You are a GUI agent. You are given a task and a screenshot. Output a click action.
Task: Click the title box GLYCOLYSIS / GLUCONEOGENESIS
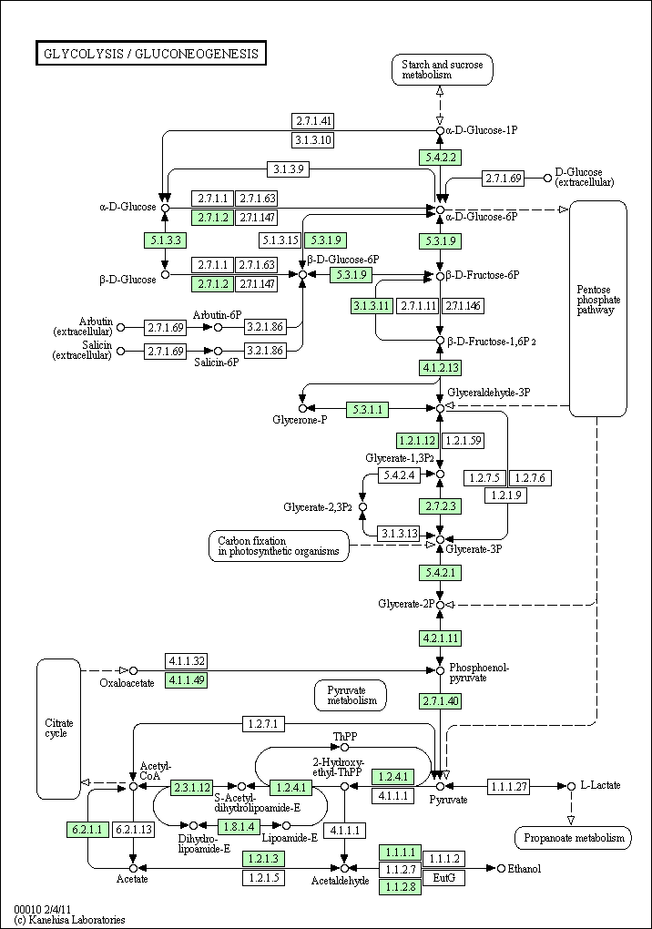click(x=150, y=54)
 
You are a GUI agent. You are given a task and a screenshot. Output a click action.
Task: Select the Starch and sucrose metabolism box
click(x=443, y=70)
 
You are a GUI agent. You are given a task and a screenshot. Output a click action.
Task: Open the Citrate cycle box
click(x=58, y=728)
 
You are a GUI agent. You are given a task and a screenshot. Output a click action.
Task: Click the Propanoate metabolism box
click(x=572, y=838)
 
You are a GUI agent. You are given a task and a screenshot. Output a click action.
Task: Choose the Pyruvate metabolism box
click(x=351, y=695)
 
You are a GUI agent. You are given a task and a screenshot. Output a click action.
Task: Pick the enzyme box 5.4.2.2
click(x=439, y=157)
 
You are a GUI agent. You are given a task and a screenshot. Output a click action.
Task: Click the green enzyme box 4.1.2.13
click(x=440, y=368)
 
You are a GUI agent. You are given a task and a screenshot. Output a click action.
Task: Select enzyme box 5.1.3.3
click(x=164, y=240)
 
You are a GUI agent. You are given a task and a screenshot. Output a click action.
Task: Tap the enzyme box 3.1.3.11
click(x=372, y=305)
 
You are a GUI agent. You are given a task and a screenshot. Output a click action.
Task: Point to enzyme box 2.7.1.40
click(x=440, y=700)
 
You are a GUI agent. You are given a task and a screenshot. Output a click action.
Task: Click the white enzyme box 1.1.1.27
click(x=509, y=785)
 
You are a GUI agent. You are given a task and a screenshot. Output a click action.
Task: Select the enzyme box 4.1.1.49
click(x=186, y=680)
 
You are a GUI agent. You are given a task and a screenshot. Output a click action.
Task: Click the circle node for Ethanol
click(x=501, y=869)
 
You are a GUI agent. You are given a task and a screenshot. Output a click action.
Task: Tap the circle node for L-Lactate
click(x=571, y=785)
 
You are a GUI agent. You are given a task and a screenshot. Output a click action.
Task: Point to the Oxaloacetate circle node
click(x=133, y=671)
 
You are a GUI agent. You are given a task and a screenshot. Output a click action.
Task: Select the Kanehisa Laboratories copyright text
click(x=69, y=920)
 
